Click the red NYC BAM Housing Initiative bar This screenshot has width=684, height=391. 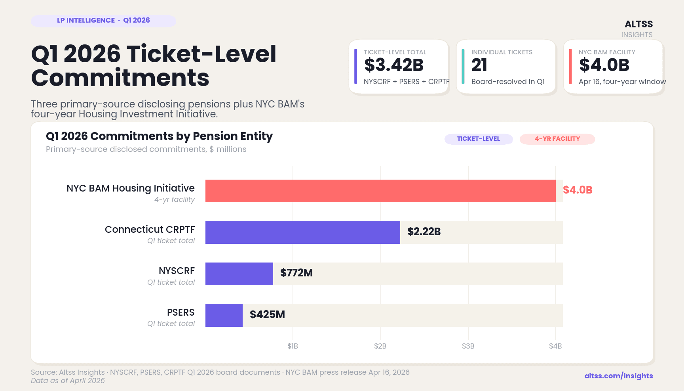click(x=380, y=191)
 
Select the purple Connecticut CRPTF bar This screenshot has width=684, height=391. click(x=302, y=232)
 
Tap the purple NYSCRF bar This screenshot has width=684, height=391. click(x=239, y=274)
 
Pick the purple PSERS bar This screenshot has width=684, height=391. click(x=224, y=315)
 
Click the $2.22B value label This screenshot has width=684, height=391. click(x=424, y=232)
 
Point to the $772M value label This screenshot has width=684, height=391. click(x=296, y=273)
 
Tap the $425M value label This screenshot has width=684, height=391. click(x=267, y=314)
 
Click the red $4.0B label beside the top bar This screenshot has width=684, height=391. click(x=578, y=190)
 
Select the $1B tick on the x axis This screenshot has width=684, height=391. click(x=293, y=346)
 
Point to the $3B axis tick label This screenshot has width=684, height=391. click(x=468, y=346)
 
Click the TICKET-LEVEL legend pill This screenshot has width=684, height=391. click(x=478, y=139)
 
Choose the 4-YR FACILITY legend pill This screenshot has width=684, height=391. click(x=557, y=139)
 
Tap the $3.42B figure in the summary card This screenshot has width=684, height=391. click(x=394, y=65)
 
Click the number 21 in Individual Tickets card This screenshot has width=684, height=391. click(x=479, y=65)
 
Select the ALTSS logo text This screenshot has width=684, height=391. click(x=638, y=24)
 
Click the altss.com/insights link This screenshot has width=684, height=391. click(x=619, y=376)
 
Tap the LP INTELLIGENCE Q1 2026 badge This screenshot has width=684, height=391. click(x=103, y=21)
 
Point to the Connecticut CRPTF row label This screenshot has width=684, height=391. click(x=150, y=230)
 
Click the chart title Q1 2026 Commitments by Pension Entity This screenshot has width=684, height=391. click(x=159, y=136)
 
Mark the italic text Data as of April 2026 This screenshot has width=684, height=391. click(x=68, y=381)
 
